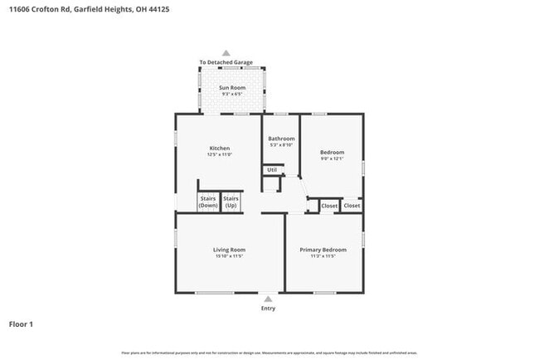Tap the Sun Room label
click(231, 87)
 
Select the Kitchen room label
click(219, 148)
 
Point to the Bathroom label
click(281, 139)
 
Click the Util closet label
click(271, 170)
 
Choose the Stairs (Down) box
click(208, 202)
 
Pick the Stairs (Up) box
click(231, 202)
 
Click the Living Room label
click(230, 250)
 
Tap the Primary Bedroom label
click(323, 250)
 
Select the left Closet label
click(329, 206)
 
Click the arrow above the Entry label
click(268, 299)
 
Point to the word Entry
click(268, 309)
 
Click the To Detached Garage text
click(226, 62)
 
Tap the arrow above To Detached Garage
click(226, 53)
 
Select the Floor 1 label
click(22, 324)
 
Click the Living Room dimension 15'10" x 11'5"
click(230, 256)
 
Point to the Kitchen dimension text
click(219, 154)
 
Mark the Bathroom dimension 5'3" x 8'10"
click(281, 145)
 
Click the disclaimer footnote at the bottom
click(269, 353)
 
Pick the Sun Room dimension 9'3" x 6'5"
click(231, 94)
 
